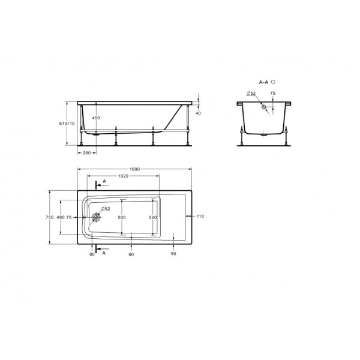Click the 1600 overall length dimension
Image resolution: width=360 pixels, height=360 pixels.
point(134,170)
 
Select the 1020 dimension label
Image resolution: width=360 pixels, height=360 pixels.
point(123,176)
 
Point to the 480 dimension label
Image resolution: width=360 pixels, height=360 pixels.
point(60,217)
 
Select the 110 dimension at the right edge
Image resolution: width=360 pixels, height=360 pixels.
point(200,216)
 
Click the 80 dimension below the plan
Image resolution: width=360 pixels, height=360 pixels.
point(92,254)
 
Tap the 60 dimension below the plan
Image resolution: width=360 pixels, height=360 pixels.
point(131,254)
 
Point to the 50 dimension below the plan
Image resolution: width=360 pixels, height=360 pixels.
point(173,254)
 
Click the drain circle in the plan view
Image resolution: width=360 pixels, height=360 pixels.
point(95,217)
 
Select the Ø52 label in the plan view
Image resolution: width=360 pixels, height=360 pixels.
point(105,208)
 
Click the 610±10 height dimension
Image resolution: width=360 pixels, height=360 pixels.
point(71,123)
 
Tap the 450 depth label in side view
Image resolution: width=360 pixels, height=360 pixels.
point(95,118)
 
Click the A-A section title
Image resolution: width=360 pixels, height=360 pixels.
point(264,80)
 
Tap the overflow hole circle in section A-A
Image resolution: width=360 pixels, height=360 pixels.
point(263,108)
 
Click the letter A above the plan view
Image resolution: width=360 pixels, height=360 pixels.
point(105,181)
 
